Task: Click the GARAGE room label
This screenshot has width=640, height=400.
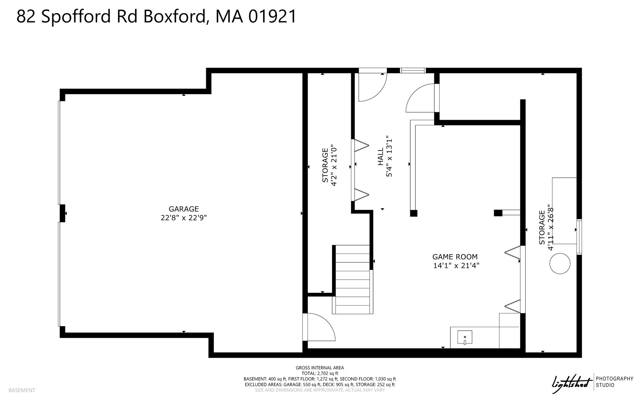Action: pos(184,209)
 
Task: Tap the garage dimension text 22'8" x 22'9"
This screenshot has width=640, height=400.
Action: pos(184,218)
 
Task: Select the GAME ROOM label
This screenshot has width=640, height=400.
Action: pos(455,257)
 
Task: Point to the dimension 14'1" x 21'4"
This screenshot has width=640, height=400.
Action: pos(456,266)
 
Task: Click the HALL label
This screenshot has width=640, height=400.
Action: pos(381,156)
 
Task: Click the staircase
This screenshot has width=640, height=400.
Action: pos(353,279)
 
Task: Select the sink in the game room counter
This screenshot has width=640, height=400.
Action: pos(465,337)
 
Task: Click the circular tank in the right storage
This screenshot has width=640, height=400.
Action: pos(560,264)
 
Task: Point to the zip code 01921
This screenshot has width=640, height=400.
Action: pos(272,17)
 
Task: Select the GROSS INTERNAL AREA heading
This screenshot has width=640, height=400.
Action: pos(320,368)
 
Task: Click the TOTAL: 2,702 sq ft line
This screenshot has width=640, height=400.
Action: pos(320,373)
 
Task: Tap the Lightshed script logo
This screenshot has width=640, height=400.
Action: pos(572,382)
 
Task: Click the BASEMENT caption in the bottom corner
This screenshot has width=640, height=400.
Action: pos(22,390)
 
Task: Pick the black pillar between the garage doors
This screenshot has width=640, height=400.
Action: pos(62,213)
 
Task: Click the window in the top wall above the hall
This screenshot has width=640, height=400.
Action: pos(413,70)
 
